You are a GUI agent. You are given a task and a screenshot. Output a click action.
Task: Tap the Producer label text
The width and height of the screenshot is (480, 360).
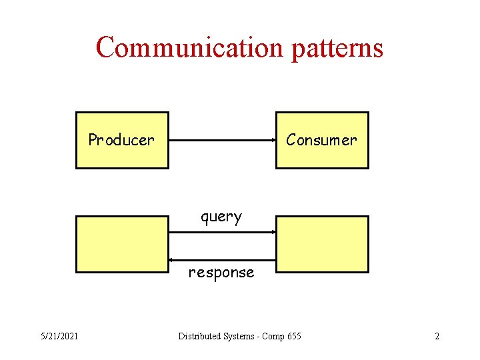pos(121,140)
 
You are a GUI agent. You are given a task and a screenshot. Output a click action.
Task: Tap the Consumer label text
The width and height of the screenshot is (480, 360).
pos(321,140)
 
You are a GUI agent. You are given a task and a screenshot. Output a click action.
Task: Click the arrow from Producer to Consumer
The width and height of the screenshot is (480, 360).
pos(222,140)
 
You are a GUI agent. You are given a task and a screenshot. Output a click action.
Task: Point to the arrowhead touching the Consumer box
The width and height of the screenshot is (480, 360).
pos(273,140)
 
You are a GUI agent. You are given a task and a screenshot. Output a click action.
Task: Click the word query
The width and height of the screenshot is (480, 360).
pos(221,217)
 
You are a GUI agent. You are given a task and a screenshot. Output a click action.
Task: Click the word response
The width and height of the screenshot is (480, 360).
pos(221,273)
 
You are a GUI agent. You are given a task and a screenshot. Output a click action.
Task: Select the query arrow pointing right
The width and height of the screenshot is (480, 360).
pos(222,232)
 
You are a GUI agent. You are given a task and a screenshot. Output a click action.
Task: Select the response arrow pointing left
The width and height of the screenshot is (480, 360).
pos(222,259)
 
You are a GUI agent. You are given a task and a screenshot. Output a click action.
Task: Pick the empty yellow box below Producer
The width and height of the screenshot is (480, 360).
pos(122,244)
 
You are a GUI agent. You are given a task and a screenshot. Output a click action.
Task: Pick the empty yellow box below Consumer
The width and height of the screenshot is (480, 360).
pos(322,244)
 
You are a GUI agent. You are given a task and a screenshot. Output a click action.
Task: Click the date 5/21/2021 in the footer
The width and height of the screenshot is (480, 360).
pos(59,336)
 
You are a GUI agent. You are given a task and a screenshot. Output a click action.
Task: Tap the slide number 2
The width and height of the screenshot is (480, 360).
pos(437,336)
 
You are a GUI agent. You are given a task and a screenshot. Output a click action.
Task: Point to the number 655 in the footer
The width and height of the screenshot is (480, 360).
pos(293,336)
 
